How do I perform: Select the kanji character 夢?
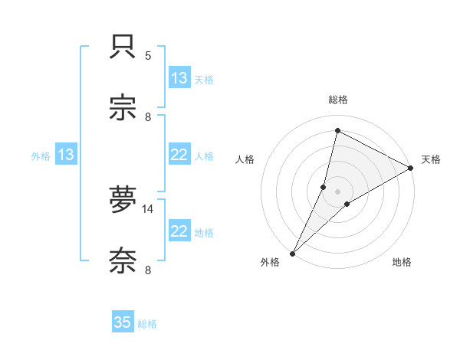point(123,199)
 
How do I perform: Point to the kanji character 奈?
point(123,261)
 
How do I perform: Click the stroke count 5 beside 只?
point(148,56)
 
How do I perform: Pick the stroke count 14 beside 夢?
point(148,208)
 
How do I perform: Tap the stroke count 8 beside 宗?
point(148,117)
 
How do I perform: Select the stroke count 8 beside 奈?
point(148,270)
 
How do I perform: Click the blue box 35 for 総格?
point(123,322)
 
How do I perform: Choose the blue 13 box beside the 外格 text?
point(66,155)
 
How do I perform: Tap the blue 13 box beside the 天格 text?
point(179,78)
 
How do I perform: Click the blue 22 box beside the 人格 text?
point(179,155)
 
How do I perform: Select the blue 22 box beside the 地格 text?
point(179,231)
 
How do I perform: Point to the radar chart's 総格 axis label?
point(338,100)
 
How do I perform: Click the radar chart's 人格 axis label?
point(245,159)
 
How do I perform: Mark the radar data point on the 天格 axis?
point(411,169)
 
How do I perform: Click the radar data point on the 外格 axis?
point(292,253)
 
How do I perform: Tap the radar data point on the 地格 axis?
point(347,204)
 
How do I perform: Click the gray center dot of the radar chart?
point(338,191)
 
